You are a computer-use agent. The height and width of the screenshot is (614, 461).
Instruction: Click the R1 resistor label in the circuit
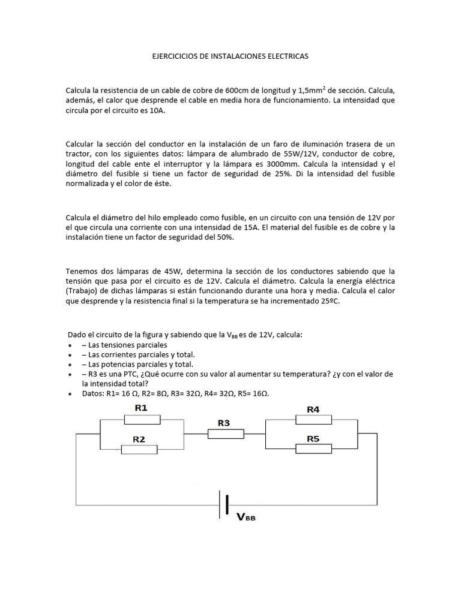(x=141, y=408)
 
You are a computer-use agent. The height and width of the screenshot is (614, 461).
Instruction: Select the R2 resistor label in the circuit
(x=139, y=439)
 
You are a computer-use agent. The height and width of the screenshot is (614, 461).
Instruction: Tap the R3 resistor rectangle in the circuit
(x=226, y=434)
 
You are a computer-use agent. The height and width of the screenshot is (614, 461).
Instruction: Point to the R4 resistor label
(x=313, y=410)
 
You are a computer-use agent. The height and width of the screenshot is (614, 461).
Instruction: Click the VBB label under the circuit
(x=246, y=517)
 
